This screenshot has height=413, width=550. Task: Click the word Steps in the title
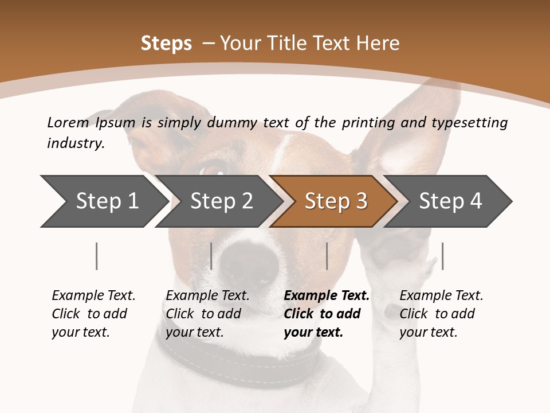point(166,44)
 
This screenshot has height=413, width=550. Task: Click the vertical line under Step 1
point(97,256)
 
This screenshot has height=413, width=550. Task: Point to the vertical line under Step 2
point(211,256)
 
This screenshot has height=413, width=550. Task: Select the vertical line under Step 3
point(327,256)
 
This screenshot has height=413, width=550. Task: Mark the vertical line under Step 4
point(442,256)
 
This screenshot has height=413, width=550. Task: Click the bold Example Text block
point(327,314)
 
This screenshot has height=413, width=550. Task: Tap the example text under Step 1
point(93,314)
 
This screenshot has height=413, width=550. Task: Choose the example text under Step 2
point(207,314)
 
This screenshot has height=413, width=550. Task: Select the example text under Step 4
point(441,314)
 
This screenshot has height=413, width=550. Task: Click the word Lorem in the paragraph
point(68,122)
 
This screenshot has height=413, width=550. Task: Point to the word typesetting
point(469,123)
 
